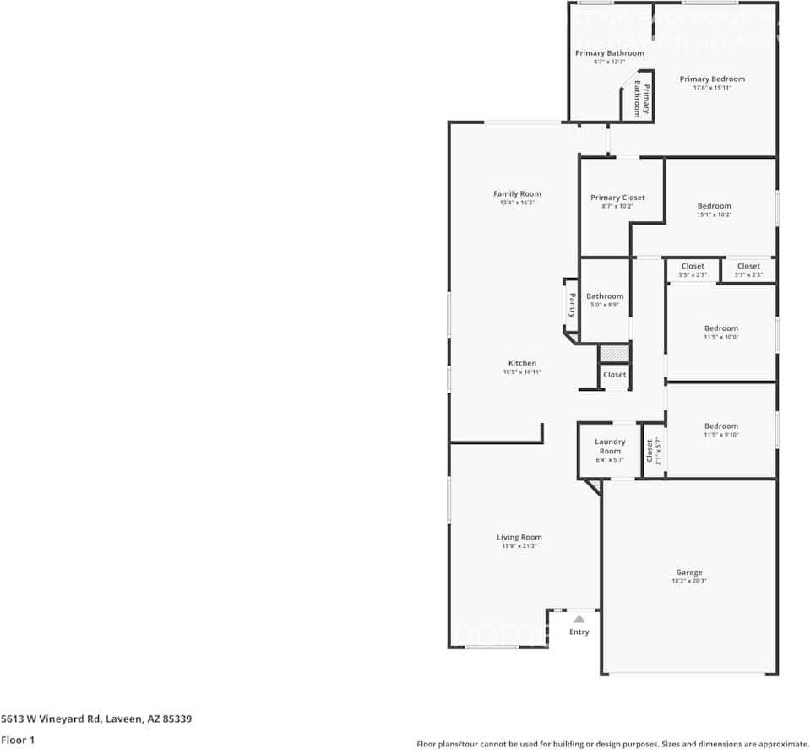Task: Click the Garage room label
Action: tap(688, 572)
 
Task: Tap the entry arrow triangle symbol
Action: tap(579, 619)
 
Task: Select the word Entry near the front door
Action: tap(579, 632)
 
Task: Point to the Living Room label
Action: tap(519, 537)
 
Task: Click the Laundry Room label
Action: tap(610, 447)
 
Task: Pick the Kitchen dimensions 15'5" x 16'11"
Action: tap(522, 372)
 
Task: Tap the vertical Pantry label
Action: tap(572, 304)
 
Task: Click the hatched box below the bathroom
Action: tap(614, 353)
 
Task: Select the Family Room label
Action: tap(517, 194)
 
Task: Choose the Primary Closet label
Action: tap(617, 198)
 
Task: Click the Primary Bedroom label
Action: tap(712, 79)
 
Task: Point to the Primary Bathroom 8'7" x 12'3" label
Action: tap(609, 57)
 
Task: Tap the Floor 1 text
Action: tap(19, 740)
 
